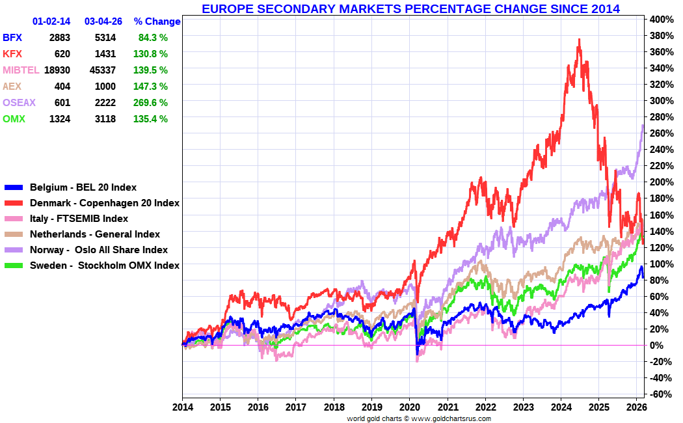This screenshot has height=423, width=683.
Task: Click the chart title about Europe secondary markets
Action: [x=410, y=8]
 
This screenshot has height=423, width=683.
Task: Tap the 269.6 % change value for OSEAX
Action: [x=151, y=102]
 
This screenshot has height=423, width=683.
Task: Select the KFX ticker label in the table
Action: [x=12, y=53]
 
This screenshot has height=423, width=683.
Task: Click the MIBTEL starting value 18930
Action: [x=57, y=70]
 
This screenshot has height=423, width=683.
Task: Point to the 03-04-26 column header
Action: [x=103, y=21]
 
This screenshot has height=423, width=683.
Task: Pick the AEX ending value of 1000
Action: [x=105, y=86]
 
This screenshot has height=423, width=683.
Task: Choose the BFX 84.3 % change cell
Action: [x=153, y=38]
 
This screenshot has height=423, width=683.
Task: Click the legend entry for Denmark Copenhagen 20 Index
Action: [x=104, y=203]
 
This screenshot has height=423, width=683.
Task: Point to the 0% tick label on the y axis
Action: [x=657, y=345]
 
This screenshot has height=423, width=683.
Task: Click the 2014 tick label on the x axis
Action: [x=182, y=407]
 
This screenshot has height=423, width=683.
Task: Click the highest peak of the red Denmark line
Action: [x=580, y=40]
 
